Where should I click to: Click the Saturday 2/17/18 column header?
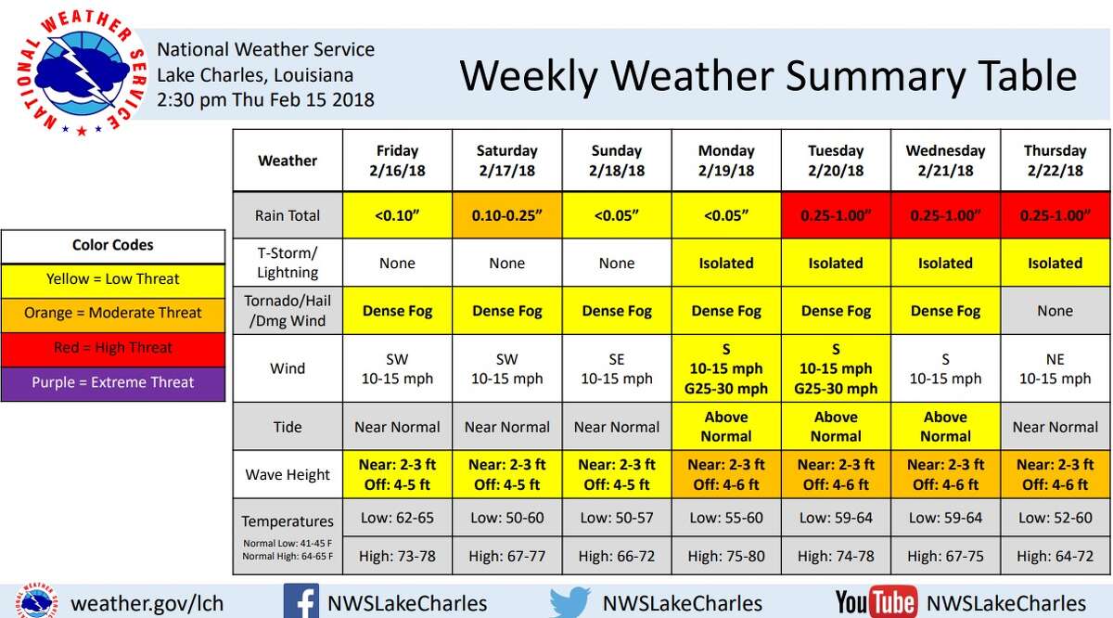pyautogui.click(x=506, y=161)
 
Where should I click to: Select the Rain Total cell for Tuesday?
pyautogui.click(x=836, y=215)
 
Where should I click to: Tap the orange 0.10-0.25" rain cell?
pyautogui.click(x=506, y=215)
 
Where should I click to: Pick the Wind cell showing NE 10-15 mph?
pyautogui.click(x=1055, y=368)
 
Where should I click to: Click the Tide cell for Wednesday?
pyautogui.click(x=945, y=427)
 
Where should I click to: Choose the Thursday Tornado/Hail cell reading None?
pyautogui.click(x=1055, y=311)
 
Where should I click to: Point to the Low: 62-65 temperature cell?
pyautogui.click(x=397, y=518)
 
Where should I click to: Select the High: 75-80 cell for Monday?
pyautogui.click(x=726, y=556)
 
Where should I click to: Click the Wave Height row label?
pyautogui.click(x=288, y=474)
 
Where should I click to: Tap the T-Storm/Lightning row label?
pyautogui.click(x=288, y=264)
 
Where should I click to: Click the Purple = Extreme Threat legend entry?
pyautogui.click(x=113, y=382)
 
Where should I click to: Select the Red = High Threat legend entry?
pyautogui.click(x=113, y=348)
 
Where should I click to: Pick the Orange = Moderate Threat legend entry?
pyautogui.click(x=113, y=313)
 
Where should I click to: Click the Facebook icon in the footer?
pyautogui.click(x=301, y=602)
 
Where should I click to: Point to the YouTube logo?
pyautogui.click(x=876, y=602)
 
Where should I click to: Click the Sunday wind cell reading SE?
pyautogui.click(x=616, y=368)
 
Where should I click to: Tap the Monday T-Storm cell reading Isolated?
pyautogui.click(x=726, y=264)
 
